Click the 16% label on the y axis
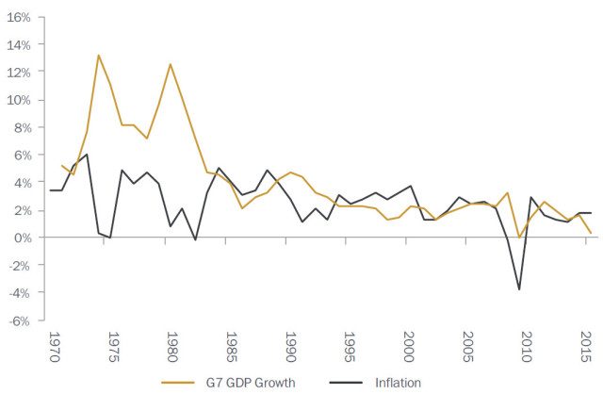[19, 17]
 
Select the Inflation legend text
[397, 383]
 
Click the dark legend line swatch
[350, 383]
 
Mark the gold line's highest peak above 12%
[99, 55]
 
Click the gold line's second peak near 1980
[171, 64]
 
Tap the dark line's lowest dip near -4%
[519, 289]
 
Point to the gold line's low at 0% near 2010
[519, 238]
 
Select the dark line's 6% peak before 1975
[87, 155]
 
